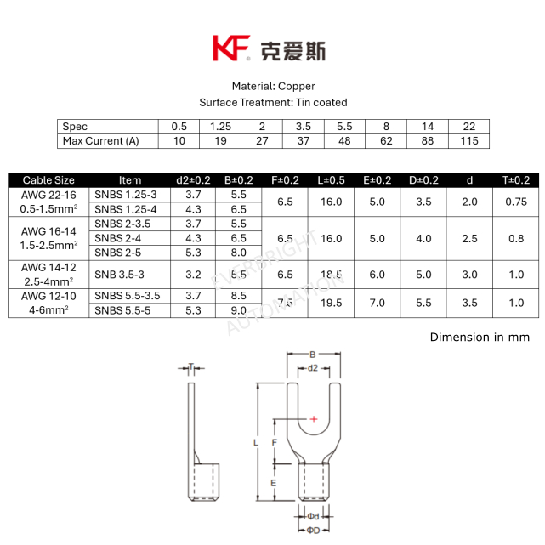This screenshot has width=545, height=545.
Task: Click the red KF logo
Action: tap(231, 48)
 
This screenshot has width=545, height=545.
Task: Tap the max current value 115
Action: tap(469, 141)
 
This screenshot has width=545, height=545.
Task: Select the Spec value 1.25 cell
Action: tap(220, 127)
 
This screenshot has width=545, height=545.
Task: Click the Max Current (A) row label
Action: tap(100, 141)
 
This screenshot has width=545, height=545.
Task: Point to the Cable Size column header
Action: tap(48, 180)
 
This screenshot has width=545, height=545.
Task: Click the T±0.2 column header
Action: tap(516, 180)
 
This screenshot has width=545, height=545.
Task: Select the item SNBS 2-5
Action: tap(118, 253)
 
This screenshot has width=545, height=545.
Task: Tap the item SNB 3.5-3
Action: tap(119, 275)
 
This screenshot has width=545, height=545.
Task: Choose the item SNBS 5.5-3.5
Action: tap(128, 296)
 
